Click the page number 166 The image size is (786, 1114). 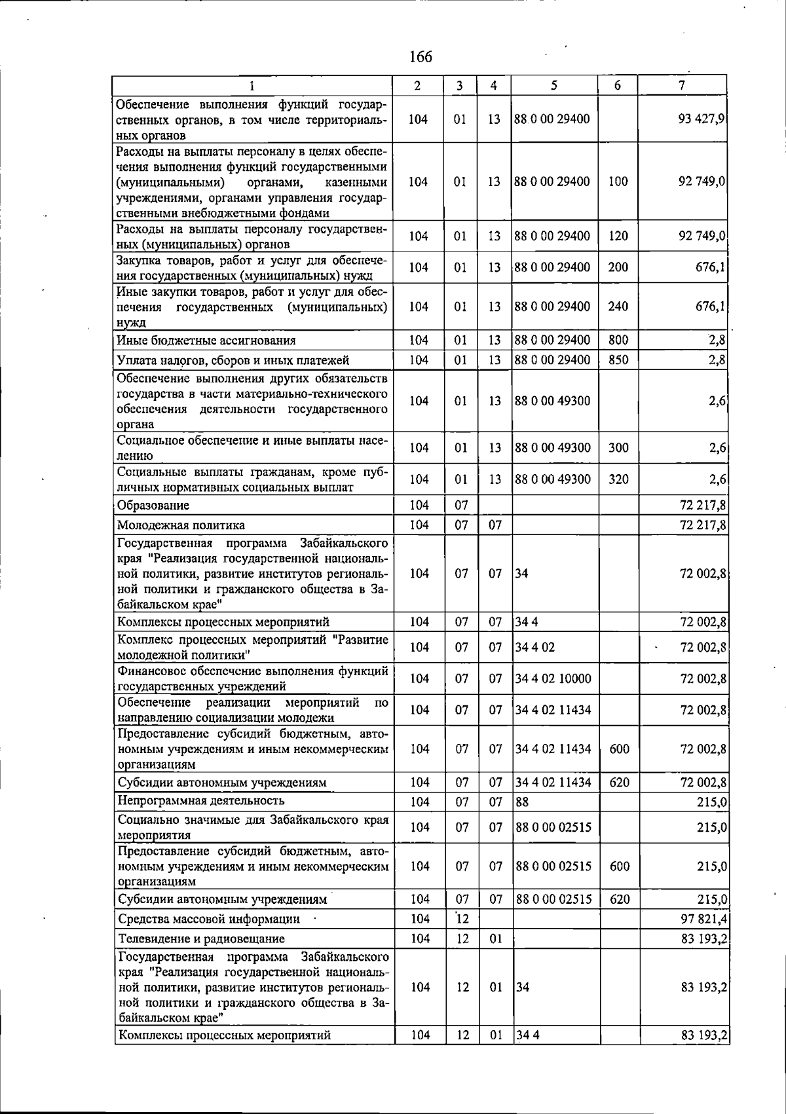(x=421, y=57)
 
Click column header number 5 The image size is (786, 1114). (x=554, y=85)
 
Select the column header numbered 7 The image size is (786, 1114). (x=683, y=85)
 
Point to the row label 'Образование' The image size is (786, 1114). (x=153, y=506)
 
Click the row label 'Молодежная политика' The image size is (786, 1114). (x=181, y=525)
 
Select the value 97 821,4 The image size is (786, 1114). (x=704, y=919)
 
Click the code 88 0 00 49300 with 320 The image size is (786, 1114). (x=553, y=479)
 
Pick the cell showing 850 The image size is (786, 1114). (x=618, y=360)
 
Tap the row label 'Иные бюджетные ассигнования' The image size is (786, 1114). (x=206, y=341)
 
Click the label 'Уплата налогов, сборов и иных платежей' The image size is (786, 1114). (x=233, y=360)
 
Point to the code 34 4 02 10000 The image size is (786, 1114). (x=553, y=678)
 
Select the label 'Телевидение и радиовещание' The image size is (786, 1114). (x=201, y=939)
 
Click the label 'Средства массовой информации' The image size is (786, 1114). (x=209, y=919)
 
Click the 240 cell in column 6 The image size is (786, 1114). (x=618, y=306)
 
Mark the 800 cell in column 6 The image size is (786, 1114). (x=618, y=340)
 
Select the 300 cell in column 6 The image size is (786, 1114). (x=618, y=448)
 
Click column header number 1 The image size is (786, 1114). (x=252, y=85)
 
